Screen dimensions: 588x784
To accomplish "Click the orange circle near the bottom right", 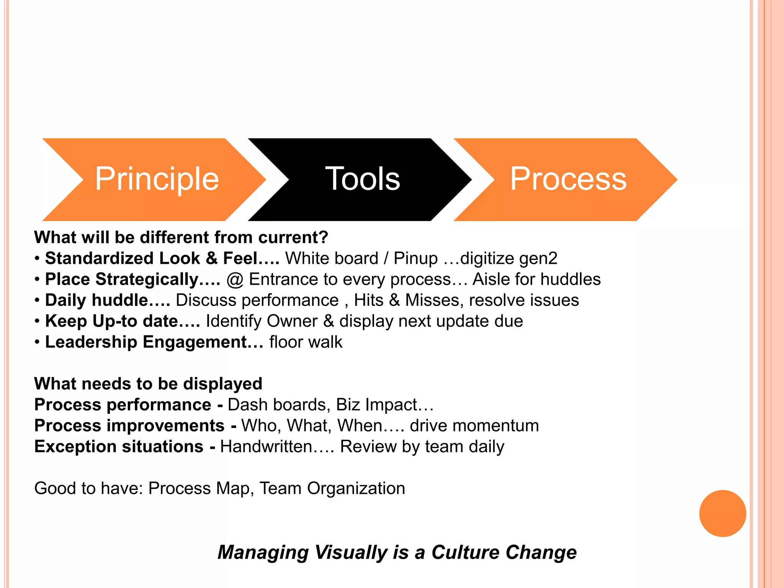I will coord(722,513).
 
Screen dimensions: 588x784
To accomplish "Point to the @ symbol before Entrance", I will coord(235,279).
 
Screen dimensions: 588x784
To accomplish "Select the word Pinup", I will coord(415,258).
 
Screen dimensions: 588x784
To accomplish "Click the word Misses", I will coord(432,301).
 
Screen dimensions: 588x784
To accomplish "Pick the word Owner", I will coord(292,321).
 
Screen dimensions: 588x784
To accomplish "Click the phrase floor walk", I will coord(306,342).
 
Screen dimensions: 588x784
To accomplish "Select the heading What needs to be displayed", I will coord(148,384).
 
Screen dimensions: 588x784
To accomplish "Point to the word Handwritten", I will coord(266,447).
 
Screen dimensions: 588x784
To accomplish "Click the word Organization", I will coord(356,488).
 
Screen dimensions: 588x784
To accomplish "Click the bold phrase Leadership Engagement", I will coord(145,342).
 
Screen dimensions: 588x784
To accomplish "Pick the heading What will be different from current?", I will coord(181,238).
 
